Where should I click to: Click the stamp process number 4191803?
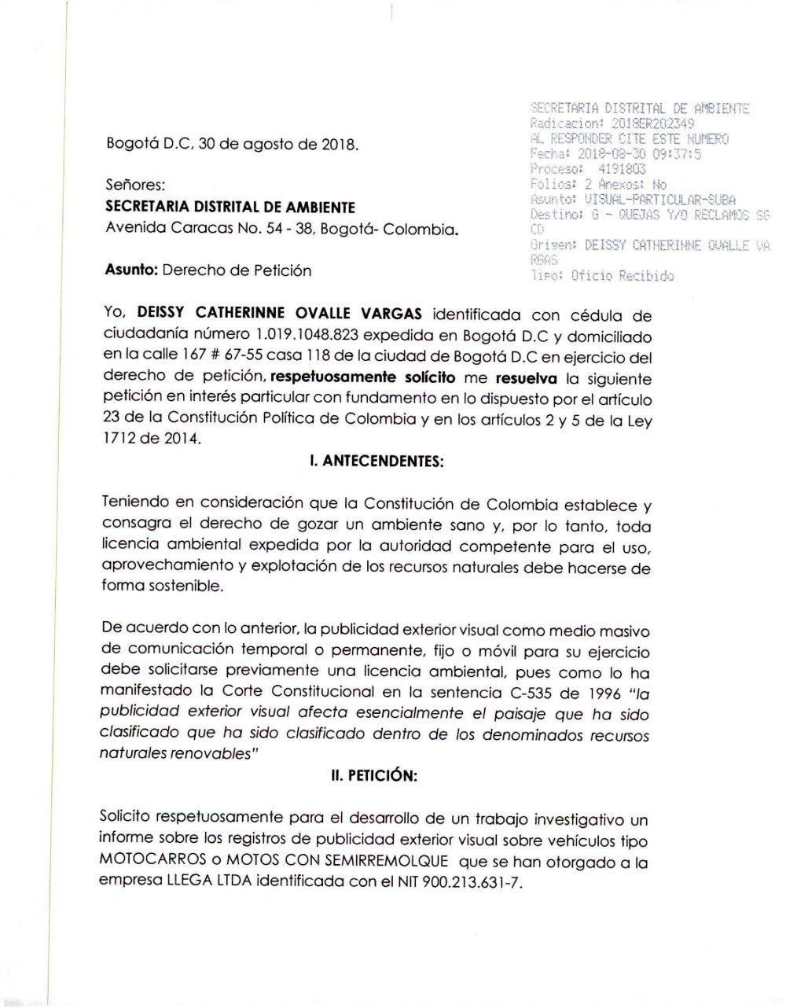point(622,168)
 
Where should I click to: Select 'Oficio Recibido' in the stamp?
point(623,276)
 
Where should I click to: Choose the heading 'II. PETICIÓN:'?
point(373,776)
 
